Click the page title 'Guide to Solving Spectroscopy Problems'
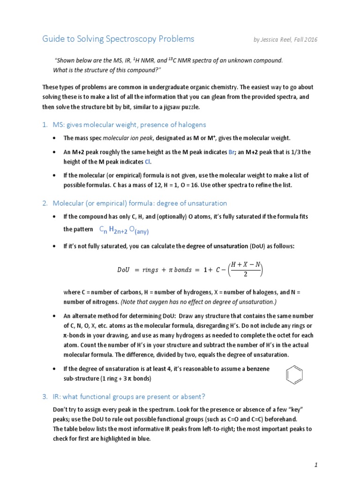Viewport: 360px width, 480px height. point(118,39)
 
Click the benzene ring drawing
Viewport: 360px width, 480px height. point(294,375)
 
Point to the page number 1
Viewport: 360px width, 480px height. point(316,452)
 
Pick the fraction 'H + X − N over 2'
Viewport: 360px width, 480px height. point(244,270)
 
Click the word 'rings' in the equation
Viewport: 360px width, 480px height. point(150,270)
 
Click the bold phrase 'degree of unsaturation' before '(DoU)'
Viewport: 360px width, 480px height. point(217,246)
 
